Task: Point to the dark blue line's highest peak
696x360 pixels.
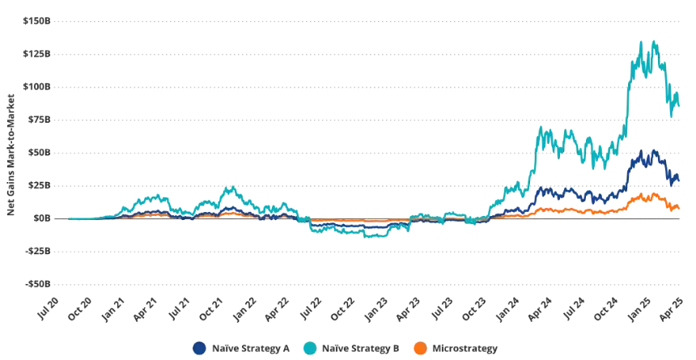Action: (653, 147)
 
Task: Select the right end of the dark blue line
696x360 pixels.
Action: (678, 180)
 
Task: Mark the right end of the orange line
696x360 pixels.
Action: (678, 208)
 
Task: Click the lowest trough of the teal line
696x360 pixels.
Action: (374, 237)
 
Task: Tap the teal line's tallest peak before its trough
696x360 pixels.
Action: (231, 188)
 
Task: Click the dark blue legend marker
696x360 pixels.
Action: (197, 349)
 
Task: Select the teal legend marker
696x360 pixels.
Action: (308, 349)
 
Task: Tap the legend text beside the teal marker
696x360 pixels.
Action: (361, 349)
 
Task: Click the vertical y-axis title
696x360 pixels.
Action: (11, 154)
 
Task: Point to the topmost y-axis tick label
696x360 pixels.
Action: (39, 17)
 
